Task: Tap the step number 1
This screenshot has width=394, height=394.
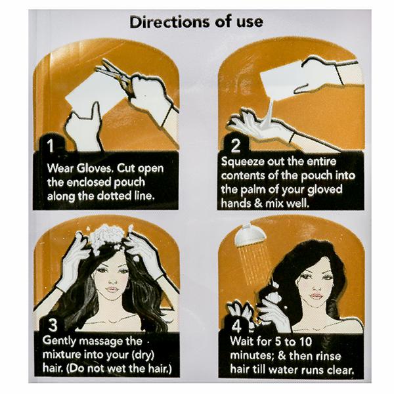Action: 51,145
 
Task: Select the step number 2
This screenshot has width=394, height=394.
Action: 236,146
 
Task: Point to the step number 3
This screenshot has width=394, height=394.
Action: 53,325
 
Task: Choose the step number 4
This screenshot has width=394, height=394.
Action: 236,326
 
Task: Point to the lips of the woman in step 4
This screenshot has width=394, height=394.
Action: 316,295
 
